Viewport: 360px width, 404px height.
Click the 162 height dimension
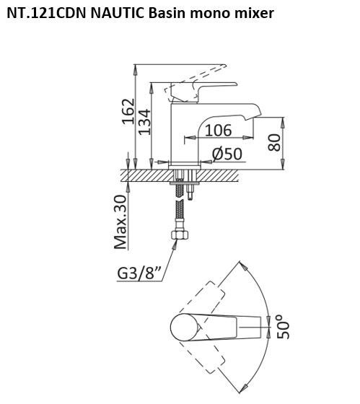click(x=128, y=112)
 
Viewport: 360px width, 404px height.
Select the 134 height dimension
click(x=144, y=122)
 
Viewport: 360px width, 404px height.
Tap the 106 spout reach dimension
click(x=219, y=130)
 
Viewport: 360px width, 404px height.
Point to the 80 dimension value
click(x=274, y=143)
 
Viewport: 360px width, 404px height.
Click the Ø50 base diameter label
click(x=227, y=154)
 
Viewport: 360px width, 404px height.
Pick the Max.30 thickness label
click(x=120, y=222)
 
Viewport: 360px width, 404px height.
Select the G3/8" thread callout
click(x=139, y=273)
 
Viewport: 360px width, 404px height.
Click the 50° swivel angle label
click(x=284, y=327)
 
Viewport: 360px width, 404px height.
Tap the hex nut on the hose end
click(x=180, y=234)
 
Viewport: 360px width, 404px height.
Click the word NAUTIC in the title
click(x=118, y=13)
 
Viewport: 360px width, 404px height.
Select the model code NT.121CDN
click(x=46, y=13)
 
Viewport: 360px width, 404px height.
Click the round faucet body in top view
click(x=185, y=328)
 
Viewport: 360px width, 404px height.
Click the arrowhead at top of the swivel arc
click(x=244, y=267)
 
